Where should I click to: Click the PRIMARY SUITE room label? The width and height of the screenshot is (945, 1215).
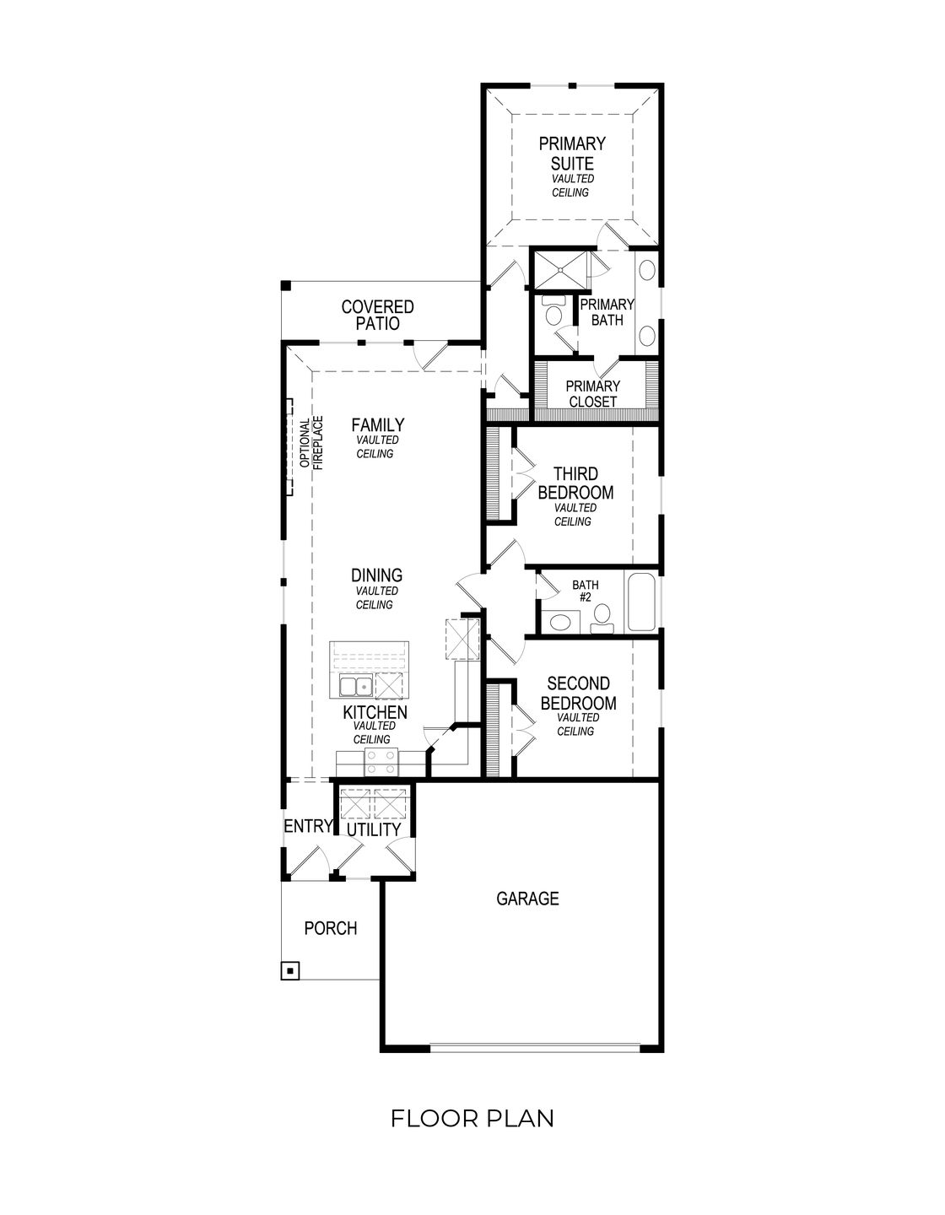(572, 154)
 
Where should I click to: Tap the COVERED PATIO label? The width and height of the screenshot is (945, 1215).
(377, 315)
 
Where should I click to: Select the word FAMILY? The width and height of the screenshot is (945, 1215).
(377, 425)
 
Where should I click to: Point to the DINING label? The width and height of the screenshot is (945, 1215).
(376, 575)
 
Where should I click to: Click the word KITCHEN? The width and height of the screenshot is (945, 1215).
(375, 713)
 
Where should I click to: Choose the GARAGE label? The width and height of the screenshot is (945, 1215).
(527, 899)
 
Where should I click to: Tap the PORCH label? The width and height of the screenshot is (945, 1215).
(330, 928)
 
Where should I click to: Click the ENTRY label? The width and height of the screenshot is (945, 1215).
(307, 827)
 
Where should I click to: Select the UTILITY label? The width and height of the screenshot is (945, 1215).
(375, 830)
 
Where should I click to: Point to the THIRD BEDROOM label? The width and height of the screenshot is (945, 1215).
(575, 483)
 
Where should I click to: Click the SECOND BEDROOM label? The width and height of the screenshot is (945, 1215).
(578, 693)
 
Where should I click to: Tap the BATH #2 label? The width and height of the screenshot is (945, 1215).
(585, 591)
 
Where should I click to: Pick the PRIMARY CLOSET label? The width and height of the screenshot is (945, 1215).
(592, 394)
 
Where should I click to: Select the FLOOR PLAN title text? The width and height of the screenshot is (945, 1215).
(472, 1119)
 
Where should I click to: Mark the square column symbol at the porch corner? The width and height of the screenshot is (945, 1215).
(290, 971)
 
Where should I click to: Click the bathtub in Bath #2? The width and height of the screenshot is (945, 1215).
(641, 602)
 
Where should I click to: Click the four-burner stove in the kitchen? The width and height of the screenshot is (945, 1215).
(381, 763)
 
